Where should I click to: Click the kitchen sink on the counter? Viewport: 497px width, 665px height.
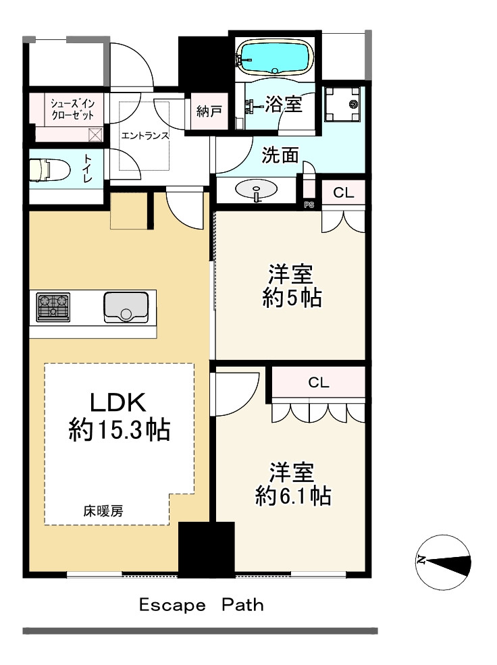point(126,307)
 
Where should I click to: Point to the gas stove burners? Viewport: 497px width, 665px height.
point(53,306)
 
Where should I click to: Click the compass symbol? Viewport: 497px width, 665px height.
point(442,561)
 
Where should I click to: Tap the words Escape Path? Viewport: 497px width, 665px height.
point(201,605)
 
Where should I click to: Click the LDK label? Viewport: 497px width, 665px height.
point(118,402)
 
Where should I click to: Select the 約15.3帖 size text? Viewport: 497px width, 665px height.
point(118,429)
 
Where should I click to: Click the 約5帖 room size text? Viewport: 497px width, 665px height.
point(291,298)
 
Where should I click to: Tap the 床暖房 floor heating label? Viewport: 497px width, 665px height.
point(103,511)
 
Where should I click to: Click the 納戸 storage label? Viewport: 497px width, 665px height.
point(209,111)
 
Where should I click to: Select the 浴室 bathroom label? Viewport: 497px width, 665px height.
point(282,105)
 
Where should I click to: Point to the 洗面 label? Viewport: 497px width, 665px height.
point(280,156)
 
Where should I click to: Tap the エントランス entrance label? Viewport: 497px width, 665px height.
point(145,135)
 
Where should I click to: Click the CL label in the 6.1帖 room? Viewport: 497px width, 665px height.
point(319,383)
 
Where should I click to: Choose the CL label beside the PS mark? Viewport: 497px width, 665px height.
point(344,192)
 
